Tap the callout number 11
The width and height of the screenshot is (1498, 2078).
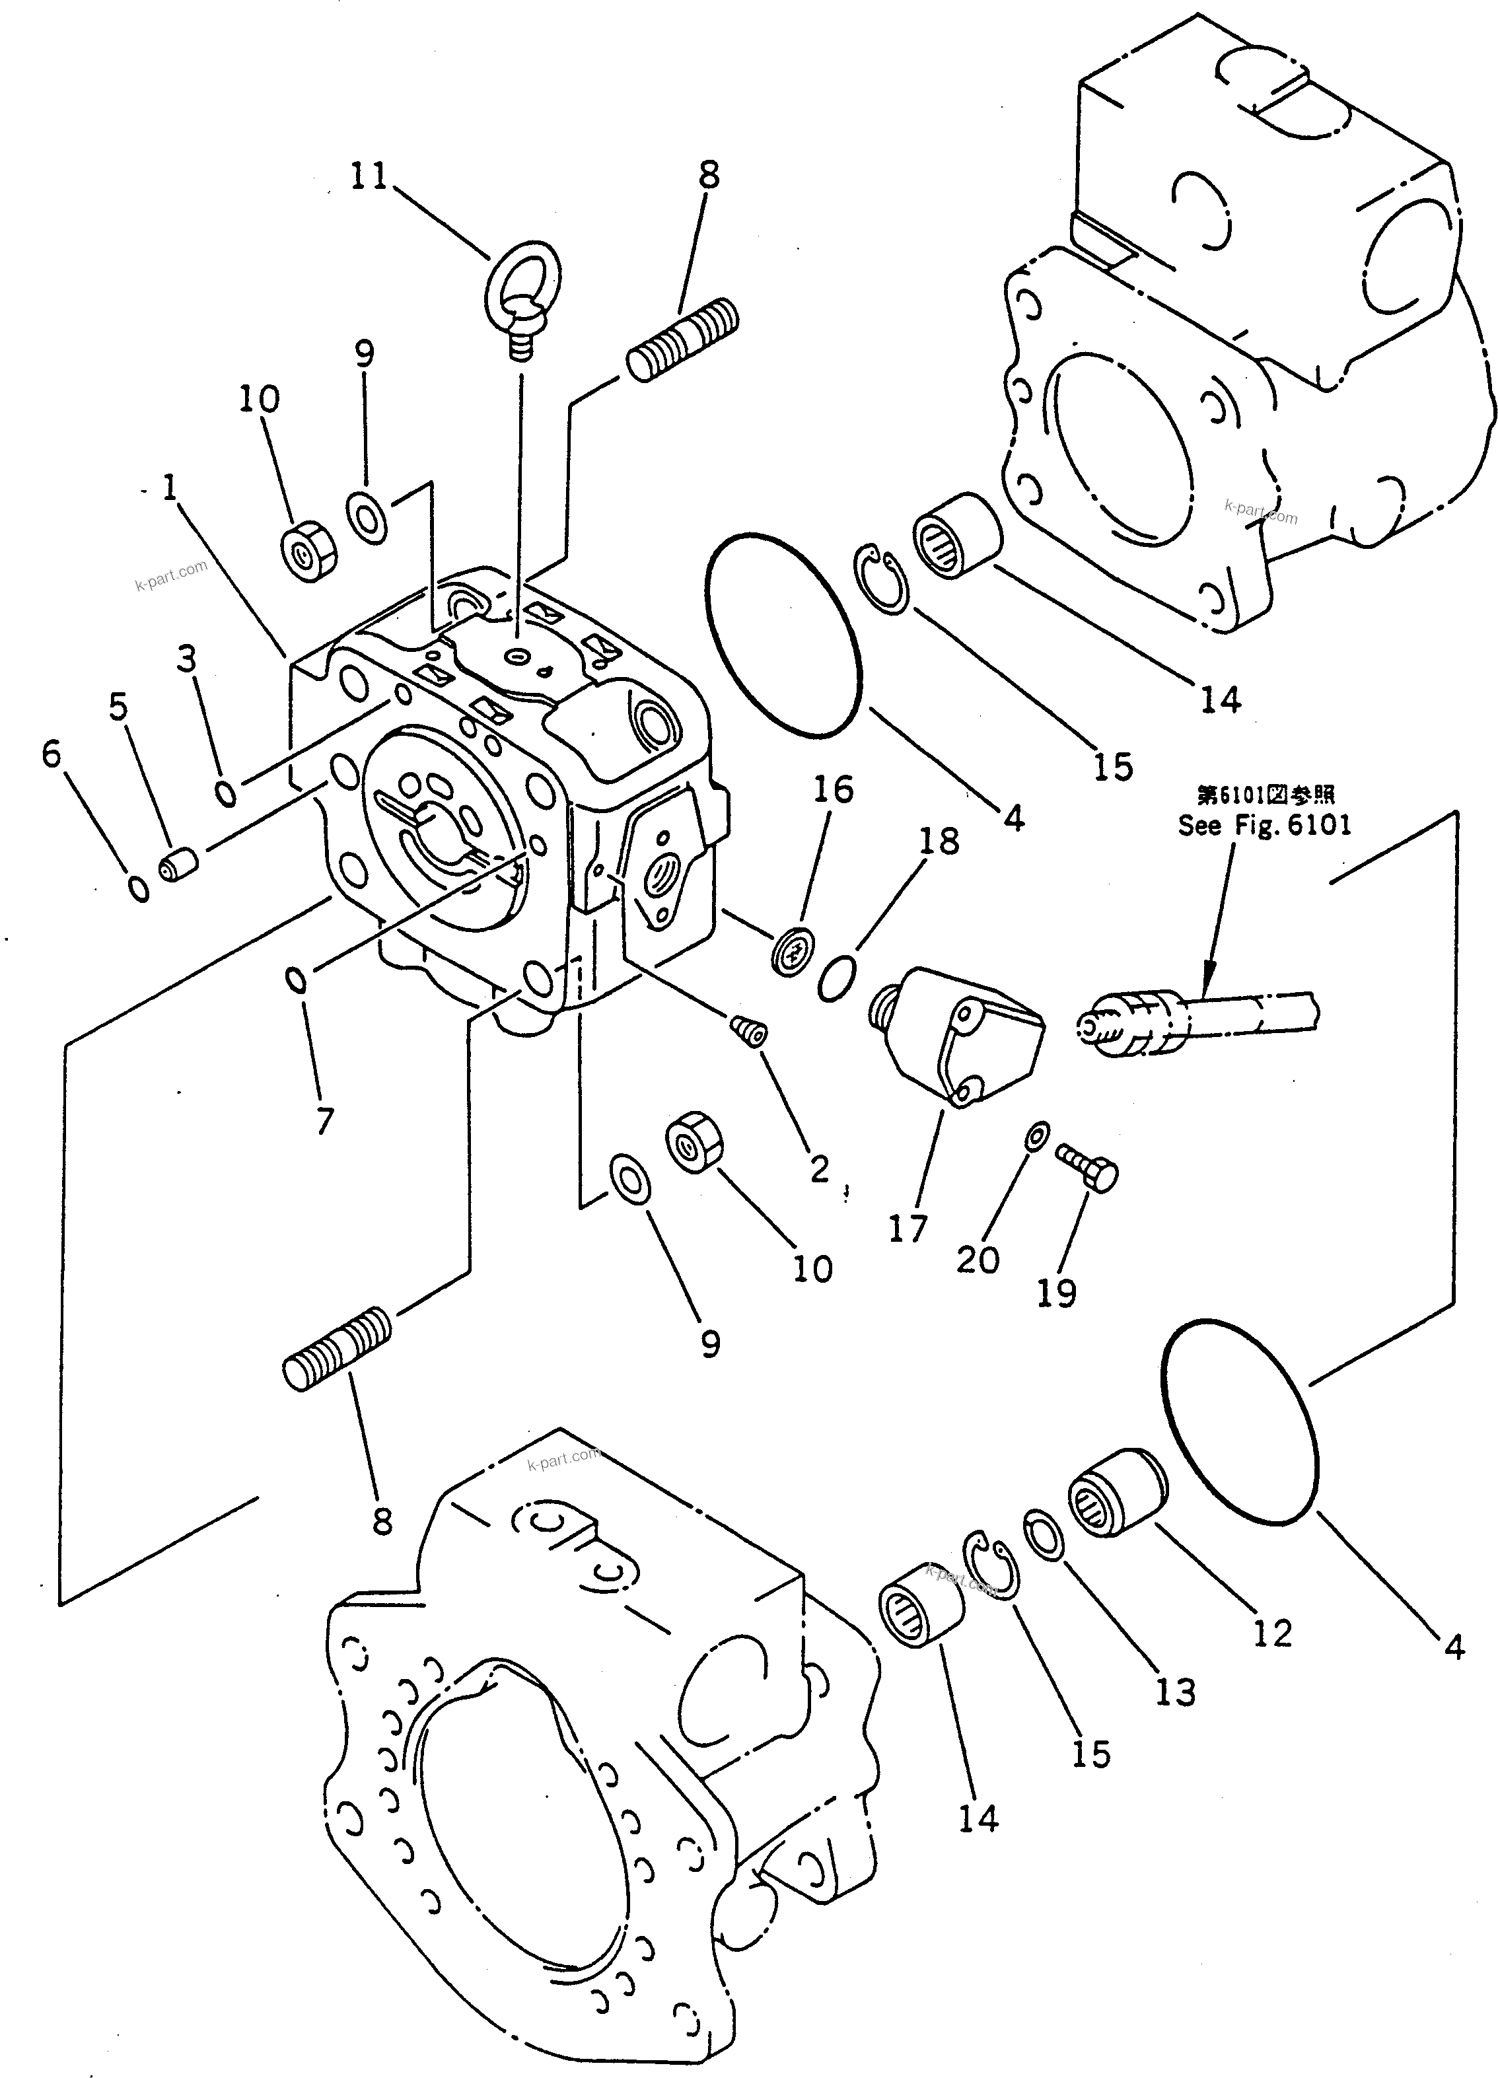click(369, 175)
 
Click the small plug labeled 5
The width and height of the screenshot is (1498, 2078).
click(178, 865)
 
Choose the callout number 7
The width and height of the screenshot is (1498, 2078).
click(324, 1120)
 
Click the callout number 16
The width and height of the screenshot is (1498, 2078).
click(833, 789)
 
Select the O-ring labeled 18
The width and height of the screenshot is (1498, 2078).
click(836, 978)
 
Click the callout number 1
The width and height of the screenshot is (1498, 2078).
click(170, 487)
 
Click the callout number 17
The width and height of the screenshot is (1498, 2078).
click(907, 1229)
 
